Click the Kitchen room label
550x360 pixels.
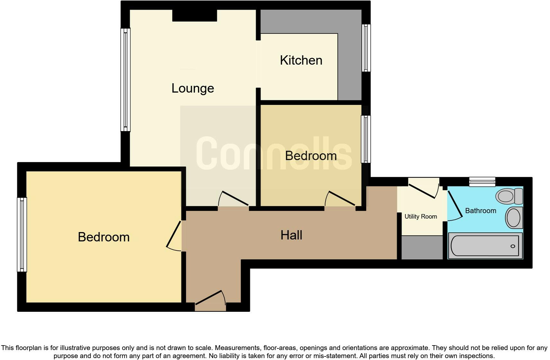click(x=301, y=60)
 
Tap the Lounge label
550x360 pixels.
click(x=193, y=88)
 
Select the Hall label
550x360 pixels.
click(x=291, y=235)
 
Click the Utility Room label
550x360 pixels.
click(x=421, y=217)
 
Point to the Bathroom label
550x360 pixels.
click(x=481, y=211)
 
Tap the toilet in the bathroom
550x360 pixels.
click(x=510, y=196)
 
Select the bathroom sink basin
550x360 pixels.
click(x=514, y=218)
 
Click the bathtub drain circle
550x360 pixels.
click(x=513, y=246)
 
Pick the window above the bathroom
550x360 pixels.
click(x=482, y=182)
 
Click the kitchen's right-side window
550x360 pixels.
click(x=366, y=48)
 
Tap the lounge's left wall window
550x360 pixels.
click(x=126, y=80)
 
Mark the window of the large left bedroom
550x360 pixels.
click(x=22, y=234)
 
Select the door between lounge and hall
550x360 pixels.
click(x=234, y=199)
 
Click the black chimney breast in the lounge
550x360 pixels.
click(x=194, y=15)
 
